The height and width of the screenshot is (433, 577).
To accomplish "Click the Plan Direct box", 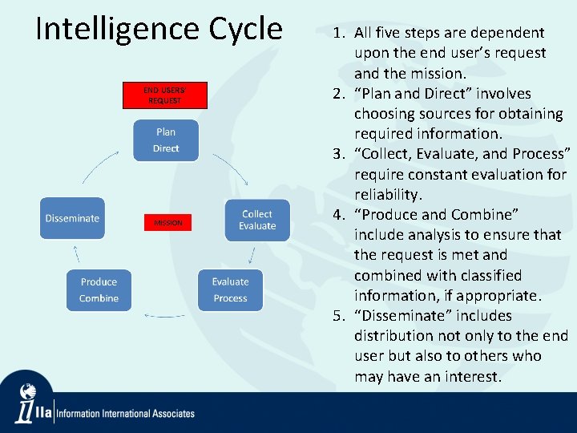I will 166,140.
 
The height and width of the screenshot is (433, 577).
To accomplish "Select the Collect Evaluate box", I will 256,221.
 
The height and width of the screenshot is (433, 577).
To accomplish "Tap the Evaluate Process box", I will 230,290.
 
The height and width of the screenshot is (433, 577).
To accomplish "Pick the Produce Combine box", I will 99,290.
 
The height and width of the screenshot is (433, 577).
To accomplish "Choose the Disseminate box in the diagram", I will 73,218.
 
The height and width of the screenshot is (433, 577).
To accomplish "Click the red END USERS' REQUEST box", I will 164,95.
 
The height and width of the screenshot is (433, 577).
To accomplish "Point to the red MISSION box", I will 167,223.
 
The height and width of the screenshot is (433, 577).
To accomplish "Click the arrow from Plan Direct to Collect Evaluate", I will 230,166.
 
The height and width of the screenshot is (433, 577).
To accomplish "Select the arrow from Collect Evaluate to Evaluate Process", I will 252,256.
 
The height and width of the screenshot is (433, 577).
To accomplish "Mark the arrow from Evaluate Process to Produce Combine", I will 164,315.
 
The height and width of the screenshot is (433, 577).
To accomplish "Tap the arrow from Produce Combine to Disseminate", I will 77,254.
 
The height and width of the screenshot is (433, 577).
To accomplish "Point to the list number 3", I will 339,154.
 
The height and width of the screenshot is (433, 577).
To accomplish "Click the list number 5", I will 339,316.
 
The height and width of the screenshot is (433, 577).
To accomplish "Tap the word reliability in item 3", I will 388,195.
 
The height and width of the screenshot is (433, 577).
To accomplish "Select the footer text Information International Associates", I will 125,414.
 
